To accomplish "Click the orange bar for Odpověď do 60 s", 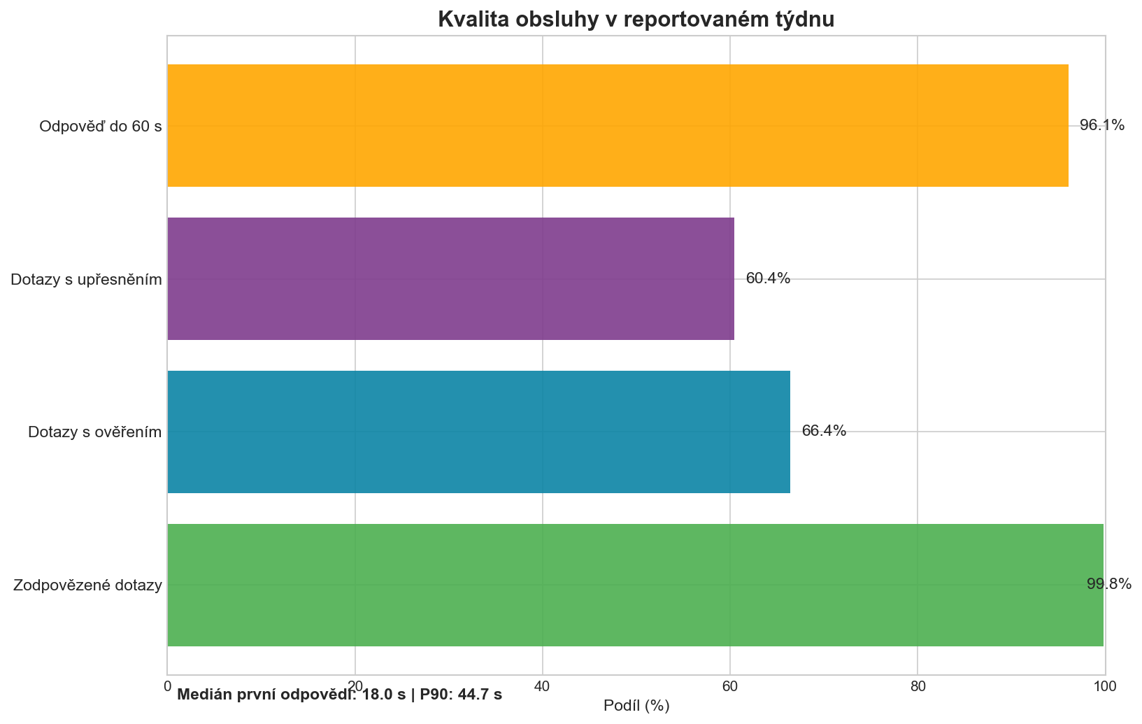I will (x=618, y=126).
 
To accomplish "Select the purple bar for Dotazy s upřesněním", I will (x=451, y=279).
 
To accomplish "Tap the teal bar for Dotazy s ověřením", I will (x=479, y=432).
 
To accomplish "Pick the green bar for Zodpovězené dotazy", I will (x=635, y=585).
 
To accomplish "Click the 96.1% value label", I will (x=1102, y=126).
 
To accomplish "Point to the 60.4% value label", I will (x=768, y=279).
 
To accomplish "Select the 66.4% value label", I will (x=824, y=432).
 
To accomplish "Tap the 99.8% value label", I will (x=1109, y=585).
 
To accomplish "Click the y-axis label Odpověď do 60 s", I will (x=101, y=127).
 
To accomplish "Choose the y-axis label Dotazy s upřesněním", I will (x=87, y=281).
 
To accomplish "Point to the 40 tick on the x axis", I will (x=543, y=687).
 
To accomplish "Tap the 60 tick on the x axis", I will (x=730, y=687).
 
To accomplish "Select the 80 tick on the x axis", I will (x=918, y=687).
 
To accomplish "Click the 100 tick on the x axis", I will (x=1105, y=687).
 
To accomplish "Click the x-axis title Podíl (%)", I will (x=636, y=707).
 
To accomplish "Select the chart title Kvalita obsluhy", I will (x=636, y=20).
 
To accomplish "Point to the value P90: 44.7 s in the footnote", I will (x=461, y=695).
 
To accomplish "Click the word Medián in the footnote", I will (x=202, y=695).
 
